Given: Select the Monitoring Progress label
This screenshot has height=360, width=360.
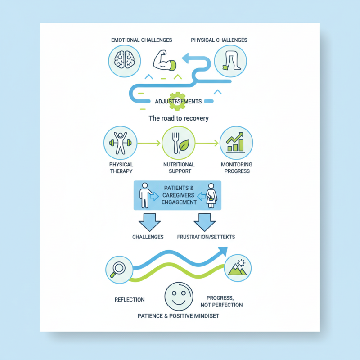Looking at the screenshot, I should tap(236, 168).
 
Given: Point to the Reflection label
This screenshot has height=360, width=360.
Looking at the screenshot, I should tap(130, 299).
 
